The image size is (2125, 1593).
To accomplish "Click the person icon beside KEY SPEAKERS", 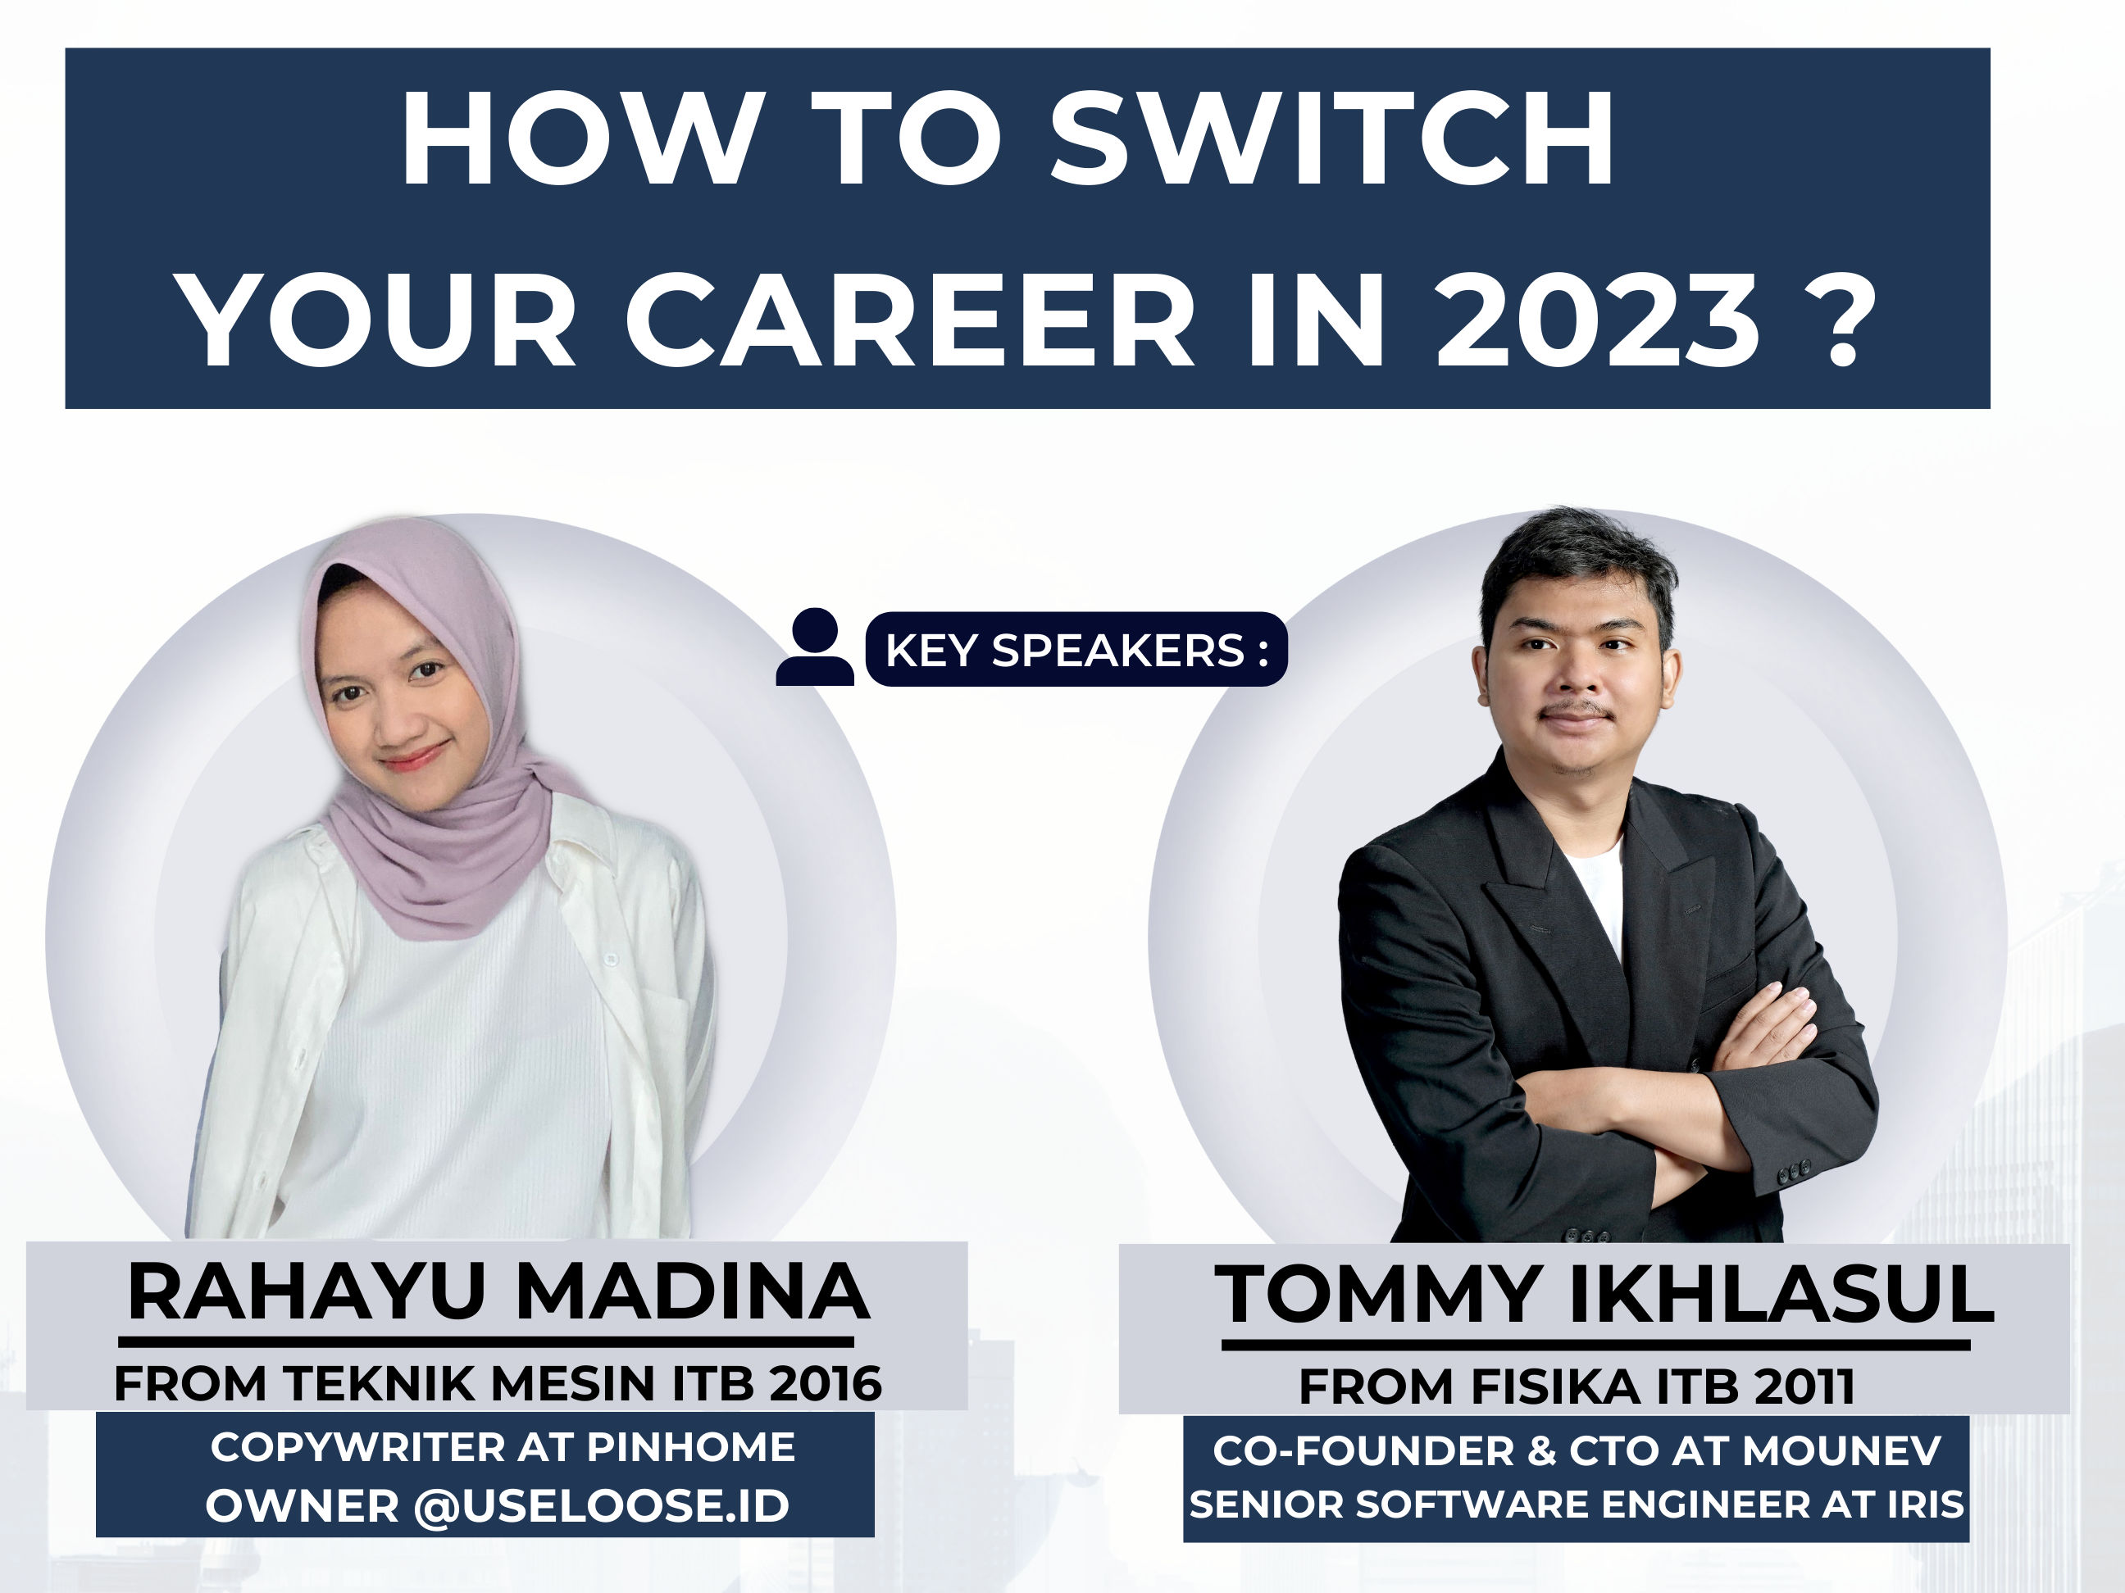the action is click(x=815, y=647).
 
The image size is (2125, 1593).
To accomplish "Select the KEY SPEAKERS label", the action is click(x=1076, y=650).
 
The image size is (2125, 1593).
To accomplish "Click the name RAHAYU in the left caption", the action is click(x=307, y=1292).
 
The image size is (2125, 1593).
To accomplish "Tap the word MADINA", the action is click(x=693, y=1292).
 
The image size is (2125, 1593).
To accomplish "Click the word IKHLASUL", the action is click(x=1782, y=1296).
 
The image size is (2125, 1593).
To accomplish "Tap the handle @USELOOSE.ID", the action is click(x=602, y=1504).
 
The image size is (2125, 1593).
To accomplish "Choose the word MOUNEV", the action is click(x=1841, y=1451).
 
